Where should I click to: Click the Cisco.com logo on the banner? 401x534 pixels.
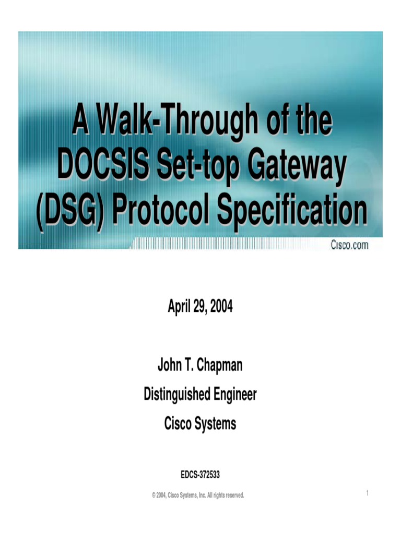click(x=349, y=244)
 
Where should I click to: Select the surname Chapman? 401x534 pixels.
click(x=220, y=366)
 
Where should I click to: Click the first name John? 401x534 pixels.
click(x=170, y=366)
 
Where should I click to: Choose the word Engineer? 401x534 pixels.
click(x=234, y=395)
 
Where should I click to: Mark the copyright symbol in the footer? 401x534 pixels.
click(x=154, y=495)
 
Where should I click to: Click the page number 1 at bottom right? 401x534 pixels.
click(x=368, y=493)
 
